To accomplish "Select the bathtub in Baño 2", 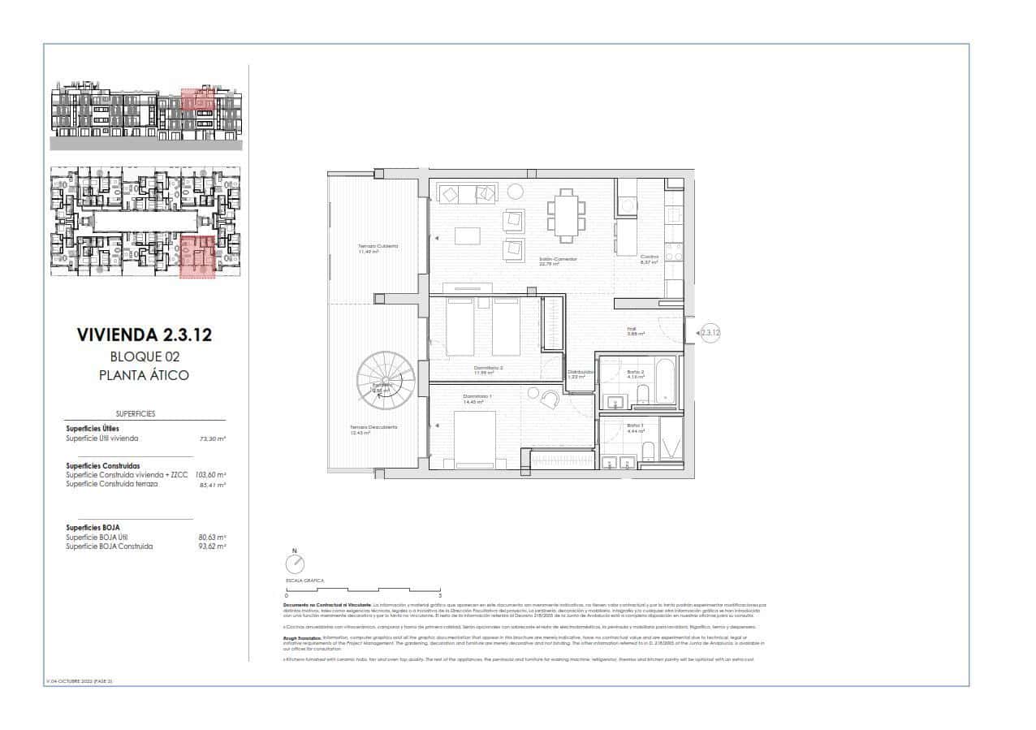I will tap(663, 380).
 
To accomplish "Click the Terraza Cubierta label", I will tap(378, 247).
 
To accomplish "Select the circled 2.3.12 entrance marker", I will tap(710, 331).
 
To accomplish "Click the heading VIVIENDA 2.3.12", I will tap(144, 335).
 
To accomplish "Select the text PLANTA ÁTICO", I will tap(144, 375).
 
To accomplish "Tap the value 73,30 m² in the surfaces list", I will tap(213, 438).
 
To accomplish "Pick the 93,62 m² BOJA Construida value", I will tap(212, 546).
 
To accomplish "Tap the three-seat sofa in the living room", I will tap(467, 193).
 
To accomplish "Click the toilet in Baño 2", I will tap(643, 395).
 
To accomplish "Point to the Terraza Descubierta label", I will tap(373, 429).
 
